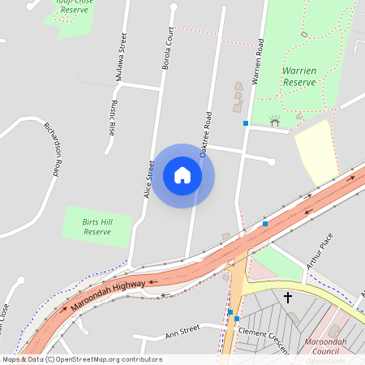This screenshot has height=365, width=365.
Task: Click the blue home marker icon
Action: coord(182,175)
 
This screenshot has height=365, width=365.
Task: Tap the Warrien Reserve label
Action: coord(298,76)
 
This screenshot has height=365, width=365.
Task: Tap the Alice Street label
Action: coord(149,178)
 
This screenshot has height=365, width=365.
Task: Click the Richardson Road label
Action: coord(54,148)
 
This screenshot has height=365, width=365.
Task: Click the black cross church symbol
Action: coord(288,298)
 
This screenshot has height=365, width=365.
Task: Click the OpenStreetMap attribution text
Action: coord(82,359)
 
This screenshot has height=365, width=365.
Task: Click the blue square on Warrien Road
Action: coord(246,123)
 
